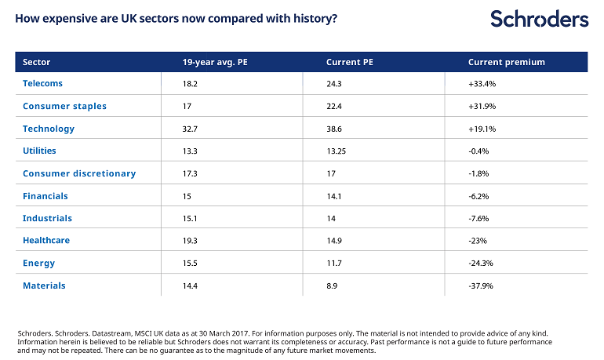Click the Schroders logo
tap(540, 19)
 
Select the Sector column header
tap(37, 63)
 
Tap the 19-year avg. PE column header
tap(215, 63)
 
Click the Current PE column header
tap(350, 63)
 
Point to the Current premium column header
tap(507, 63)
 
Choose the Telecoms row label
tap(42, 84)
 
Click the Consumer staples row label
tap(64, 106)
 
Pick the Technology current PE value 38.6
tap(334, 129)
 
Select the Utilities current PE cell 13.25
tap(336, 151)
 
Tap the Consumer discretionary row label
tap(79, 173)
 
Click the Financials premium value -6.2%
tap(478, 196)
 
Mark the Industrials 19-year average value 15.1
tap(190, 219)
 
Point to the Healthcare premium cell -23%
tap(478, 241)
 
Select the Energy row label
tap(39, 264)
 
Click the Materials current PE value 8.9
tap(332, 286)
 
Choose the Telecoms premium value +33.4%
tap(482, 84)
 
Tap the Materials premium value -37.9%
tap(481, 286)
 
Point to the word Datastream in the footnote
tap(111, 333)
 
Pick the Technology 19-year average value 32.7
tap(190, 129)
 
